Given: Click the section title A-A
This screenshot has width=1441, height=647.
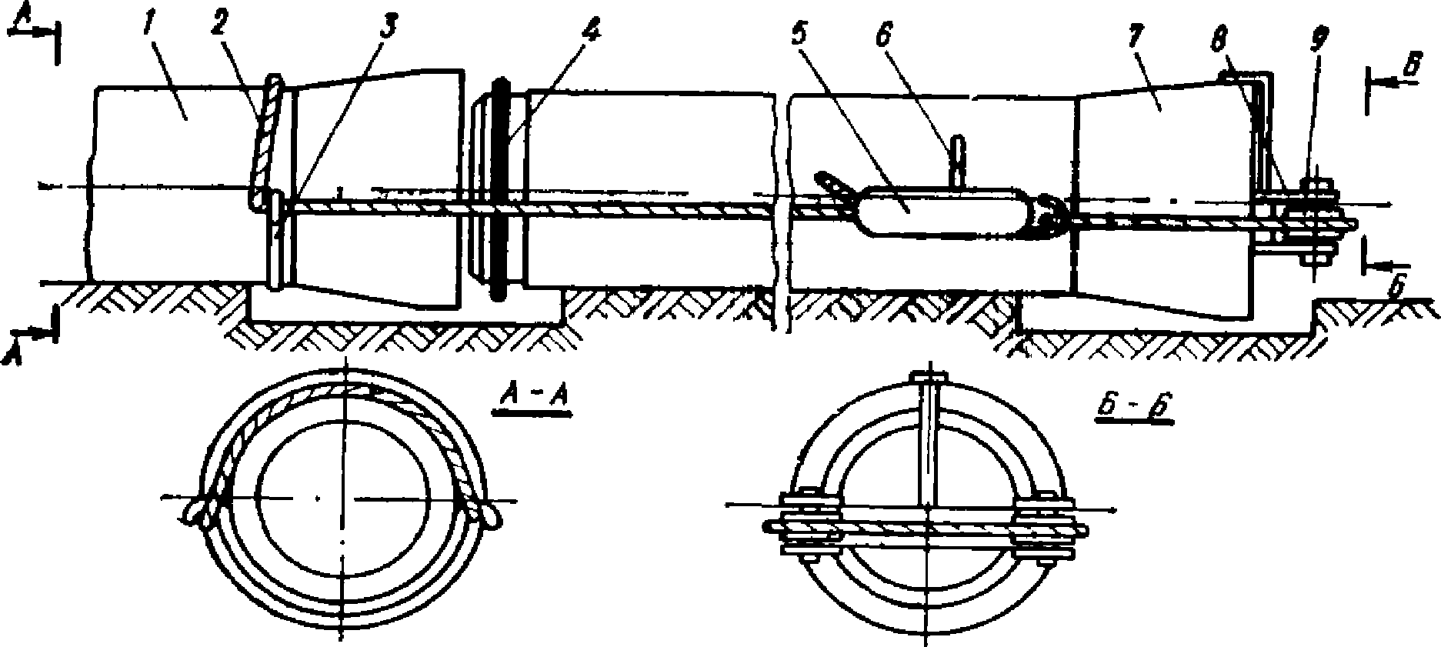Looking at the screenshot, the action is point(532,397).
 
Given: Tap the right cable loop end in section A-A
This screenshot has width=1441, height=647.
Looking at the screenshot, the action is point(487,512).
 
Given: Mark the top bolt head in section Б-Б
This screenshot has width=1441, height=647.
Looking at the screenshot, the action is point(929,378).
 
